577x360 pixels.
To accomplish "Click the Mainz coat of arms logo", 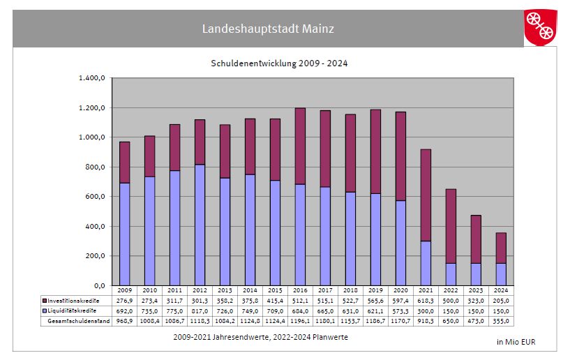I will point(540,27).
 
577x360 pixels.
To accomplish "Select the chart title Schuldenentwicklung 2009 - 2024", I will point(279,63).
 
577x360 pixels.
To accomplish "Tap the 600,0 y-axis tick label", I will point(94,197).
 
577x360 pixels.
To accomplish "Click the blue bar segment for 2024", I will point(500,274).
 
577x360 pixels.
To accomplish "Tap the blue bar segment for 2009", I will point(124,234).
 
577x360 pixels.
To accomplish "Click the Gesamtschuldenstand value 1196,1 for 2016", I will point(300,321).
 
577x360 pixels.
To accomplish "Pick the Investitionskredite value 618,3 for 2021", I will point(425,300).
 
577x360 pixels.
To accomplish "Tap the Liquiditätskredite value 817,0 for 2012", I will point(200,310).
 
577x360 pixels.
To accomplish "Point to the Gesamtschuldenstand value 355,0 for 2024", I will point(500,321).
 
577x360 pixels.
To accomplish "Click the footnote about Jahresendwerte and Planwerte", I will point(260,337).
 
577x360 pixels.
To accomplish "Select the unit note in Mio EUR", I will point(516,342).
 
